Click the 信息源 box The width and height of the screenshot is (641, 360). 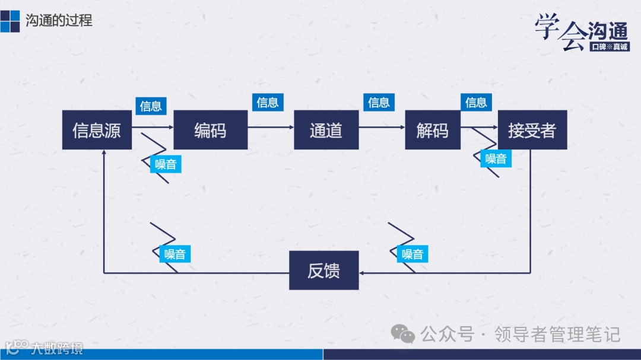click(x=97, y=130)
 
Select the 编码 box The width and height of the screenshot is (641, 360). click(x=210, y=130)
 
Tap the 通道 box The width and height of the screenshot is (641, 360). click(x=326, y=130)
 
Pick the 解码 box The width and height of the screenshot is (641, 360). click(x=432, y=130)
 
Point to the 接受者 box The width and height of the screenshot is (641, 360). click(x=532, y=130)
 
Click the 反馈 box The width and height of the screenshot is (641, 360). click(x=323, y=270)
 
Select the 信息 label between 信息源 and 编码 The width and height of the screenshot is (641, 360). click(x=151, y=106)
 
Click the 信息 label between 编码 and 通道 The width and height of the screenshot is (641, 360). click(x=268, y=103)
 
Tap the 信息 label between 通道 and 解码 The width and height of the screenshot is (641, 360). click(x=379, y=103)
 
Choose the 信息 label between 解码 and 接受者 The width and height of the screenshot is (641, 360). click(x=476, y=103)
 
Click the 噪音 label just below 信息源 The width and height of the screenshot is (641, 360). click(x=166, y=164)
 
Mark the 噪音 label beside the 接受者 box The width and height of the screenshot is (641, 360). click(x=496, y=158)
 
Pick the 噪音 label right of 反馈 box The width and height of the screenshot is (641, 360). click(x=412, y=254)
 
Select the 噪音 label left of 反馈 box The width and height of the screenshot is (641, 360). click(x=175, y=254)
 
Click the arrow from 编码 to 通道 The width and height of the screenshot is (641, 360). click(x=271, y=128)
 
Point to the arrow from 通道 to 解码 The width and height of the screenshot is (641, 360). click(x=382, y=128)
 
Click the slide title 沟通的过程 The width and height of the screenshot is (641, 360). click(x=59, y=21)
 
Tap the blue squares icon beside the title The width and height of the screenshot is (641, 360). click(x=10, y=21)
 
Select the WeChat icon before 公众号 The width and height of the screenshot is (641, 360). click(x=404, y=334)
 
